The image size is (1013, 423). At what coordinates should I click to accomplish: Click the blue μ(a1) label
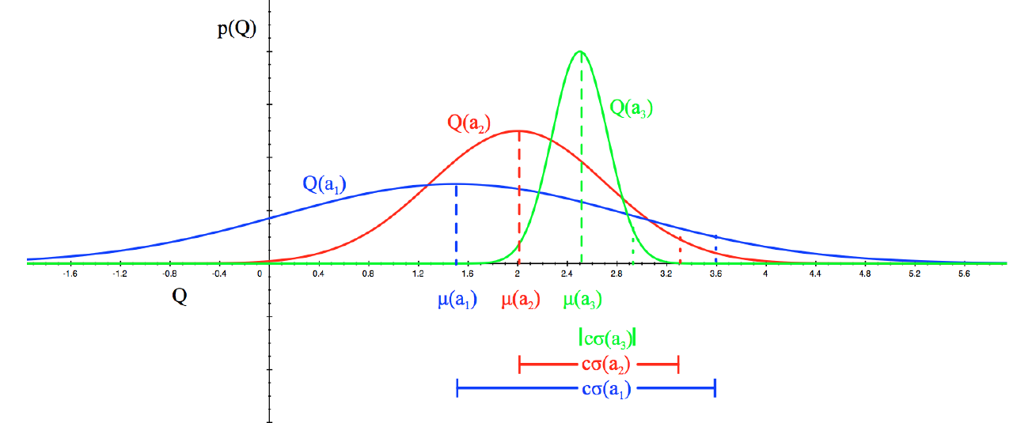[x=457, y=300]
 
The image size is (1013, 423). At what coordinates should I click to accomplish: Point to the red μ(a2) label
[x=521, y=300]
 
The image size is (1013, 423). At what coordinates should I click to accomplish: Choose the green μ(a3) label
[x=582, y=300]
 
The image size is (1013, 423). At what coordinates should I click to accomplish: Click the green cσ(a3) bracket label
[x=608, y=338]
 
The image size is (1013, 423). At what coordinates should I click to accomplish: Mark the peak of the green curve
[x=581, y=51]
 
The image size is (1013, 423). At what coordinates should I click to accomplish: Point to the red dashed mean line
[x=518, y=198]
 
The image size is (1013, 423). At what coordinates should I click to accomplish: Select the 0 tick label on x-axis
[x=260, y=274]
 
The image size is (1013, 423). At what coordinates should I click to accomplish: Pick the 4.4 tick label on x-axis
[x=814, y=274]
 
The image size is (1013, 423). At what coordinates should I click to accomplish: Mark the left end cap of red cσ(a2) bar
[x=519, y=364]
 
